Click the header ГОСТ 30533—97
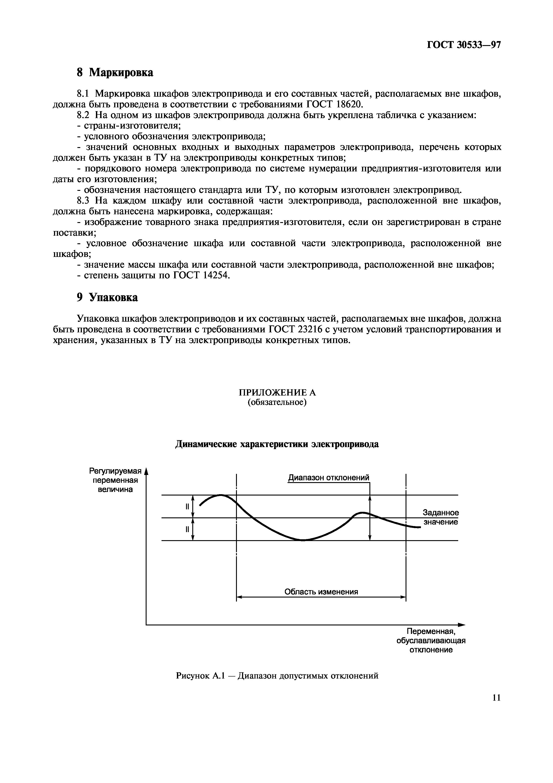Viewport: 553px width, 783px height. click(464, 45)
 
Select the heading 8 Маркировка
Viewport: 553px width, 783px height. click(115, 72)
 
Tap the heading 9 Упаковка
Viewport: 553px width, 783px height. click(107, 297)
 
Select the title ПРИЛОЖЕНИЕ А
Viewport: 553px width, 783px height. click(277, 393)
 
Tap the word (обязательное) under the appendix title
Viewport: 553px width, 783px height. click(277, 402)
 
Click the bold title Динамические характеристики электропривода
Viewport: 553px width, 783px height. click(277, 444)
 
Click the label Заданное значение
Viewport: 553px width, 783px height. click(441, 517)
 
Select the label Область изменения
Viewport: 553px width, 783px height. click(321, 592)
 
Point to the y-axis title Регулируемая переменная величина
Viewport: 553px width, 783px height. click(115, 480)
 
